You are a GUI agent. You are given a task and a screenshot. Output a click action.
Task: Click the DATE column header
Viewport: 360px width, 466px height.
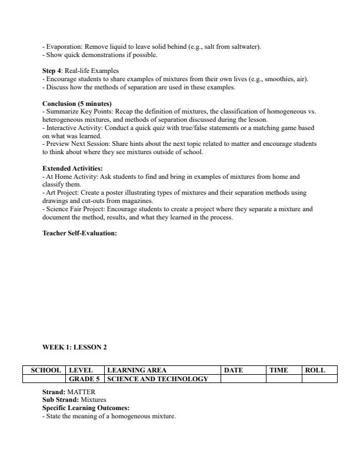point(234,370)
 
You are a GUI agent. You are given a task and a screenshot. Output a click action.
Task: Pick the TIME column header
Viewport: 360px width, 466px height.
point(278,370)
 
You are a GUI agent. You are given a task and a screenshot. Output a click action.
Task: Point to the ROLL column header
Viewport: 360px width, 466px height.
point(315,370)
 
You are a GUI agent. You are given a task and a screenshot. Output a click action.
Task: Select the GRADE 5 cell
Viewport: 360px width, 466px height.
point(85,379)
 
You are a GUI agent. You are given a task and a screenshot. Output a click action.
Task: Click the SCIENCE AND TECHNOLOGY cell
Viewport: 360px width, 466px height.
point(158,379)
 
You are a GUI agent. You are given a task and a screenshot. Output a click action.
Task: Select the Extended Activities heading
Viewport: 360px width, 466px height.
point(72,168)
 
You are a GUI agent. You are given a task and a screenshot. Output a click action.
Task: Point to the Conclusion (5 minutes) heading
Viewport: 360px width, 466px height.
point(77,104)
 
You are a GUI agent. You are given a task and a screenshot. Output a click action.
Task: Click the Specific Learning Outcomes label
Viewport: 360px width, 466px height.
point(86,408)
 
